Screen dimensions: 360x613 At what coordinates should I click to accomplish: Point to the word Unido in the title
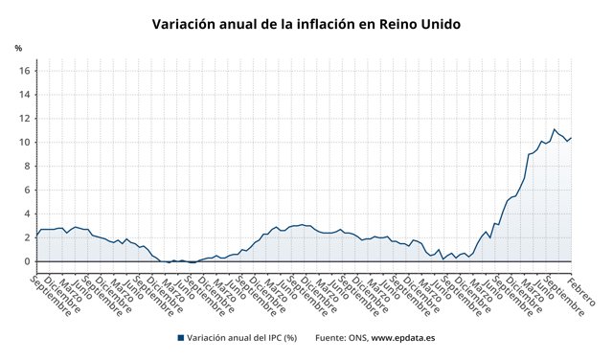coord(443,24)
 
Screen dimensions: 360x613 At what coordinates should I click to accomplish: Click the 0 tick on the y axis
coord(26,261)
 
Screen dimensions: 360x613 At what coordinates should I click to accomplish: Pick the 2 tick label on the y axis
coord(26,237)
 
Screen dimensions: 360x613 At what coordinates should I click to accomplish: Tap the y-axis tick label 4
coord(26,214)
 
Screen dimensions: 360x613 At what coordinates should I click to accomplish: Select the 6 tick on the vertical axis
coord(26,190)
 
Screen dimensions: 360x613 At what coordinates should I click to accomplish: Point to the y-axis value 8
coord(26,166)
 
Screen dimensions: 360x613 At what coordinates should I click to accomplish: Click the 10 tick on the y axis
coord(24,142)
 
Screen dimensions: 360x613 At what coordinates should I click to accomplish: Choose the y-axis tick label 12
coord(24,118)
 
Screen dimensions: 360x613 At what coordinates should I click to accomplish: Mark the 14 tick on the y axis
coord(24,94)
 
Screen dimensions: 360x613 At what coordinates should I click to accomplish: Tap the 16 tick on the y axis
coord(24,70)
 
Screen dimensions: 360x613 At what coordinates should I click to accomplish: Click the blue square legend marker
coord(180,338)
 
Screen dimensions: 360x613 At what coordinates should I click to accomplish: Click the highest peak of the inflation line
coord(554,129)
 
